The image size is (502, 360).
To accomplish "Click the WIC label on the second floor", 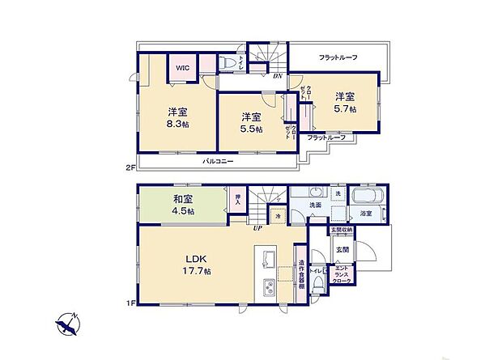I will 183,68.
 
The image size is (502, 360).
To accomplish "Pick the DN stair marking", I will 277,76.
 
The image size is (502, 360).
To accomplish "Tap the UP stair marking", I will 257,229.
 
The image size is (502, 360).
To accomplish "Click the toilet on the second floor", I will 228,64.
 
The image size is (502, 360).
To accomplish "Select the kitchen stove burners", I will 270,286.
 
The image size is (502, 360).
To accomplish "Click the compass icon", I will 67,324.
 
